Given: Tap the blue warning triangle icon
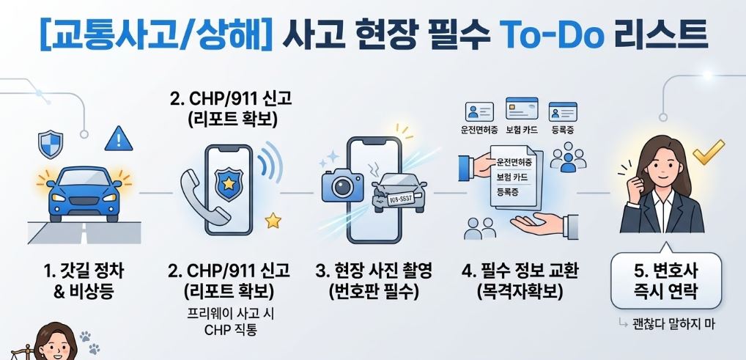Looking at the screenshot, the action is click(x=119, y=139).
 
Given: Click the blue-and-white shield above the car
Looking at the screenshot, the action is click(x=51, y=144).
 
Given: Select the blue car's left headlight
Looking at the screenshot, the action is click(x=59, y=197).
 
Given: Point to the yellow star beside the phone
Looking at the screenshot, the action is click(x=273, y=221).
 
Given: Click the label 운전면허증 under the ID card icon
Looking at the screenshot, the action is click(x=479, y=130).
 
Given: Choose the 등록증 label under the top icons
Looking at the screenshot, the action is click(x=563, y=130).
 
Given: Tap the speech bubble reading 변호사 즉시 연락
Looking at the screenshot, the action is click(x=666, y=281).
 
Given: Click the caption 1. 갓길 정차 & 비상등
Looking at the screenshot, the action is click(x=84, y=281).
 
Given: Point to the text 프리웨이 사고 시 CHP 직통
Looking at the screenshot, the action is click(x=231, y=322).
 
